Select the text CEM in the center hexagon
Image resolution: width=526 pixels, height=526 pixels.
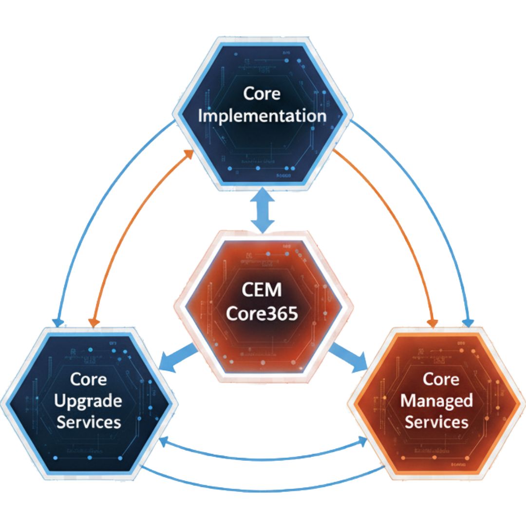[x=262, y=291]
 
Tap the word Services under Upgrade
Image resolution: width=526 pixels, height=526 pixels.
[x=88, y=422]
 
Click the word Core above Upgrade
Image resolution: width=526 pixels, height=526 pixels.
[x=88, y=379]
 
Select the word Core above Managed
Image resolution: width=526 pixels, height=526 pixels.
[x=438, y=379]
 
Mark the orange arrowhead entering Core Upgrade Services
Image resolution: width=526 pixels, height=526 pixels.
[x=93, y=322]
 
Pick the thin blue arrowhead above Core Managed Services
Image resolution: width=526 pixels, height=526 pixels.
[x=469, y=322]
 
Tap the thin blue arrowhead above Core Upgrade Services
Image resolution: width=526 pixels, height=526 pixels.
[x=58, y=322]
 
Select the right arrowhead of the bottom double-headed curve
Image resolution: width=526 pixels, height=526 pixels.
[x=364, y=441]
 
